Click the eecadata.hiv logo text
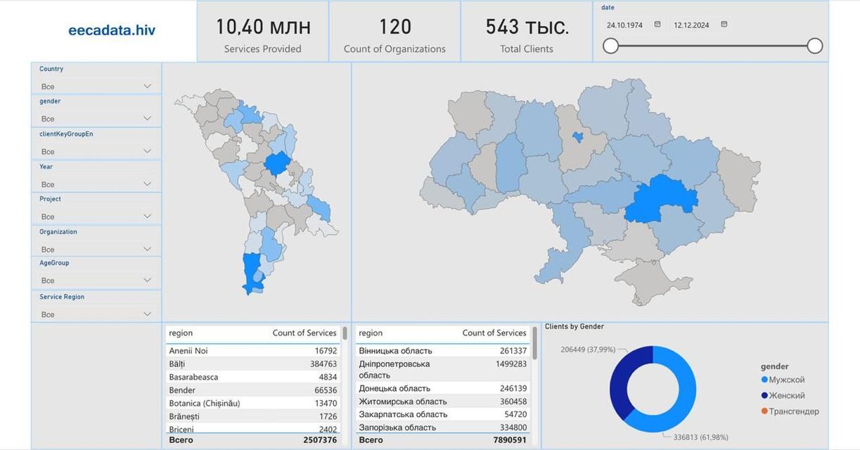pyautogui.click(x=112, y=30)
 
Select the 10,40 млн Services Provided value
pyautogui.click(x=264, y=27)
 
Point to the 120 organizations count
pyautogui.click(x=395, y=27)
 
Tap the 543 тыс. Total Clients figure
pyautogui.click(x=527, y=27)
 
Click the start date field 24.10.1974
pyautogui.click(x=624, y=25)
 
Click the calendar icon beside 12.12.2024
pyautogui.click(x=724, y=24)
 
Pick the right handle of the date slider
pyautogui.click(x=815, y=46)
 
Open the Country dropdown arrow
pyautogui.click(x=147, y=86)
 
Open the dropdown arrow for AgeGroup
pyautogui.click(x=147, y=280)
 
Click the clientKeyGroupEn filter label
pyautogui.click(x=66, y=134)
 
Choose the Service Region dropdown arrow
pyautogui.click(x=147, y=314)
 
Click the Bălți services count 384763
pyautogui.click(x=323, y=364)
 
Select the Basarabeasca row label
pyautogui.click(x=193, y=377)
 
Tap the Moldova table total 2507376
pyautogui.click(x=320, y=440)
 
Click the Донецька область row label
pyautogui.click(x=394, y=388)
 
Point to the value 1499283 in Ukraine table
pyautogui.click(x=511, y=364)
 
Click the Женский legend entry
pyautogui.click(x=783, y=395)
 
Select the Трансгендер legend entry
pyautogui.click(x=790, y=411)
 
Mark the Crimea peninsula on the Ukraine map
pyautogui.click(x=653, y=281)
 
